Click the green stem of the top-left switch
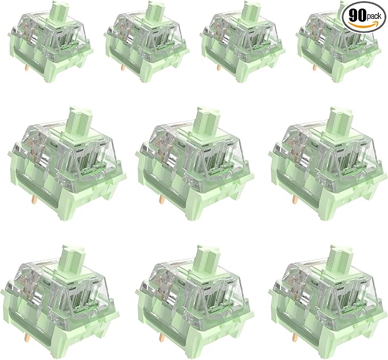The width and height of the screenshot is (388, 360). pos(61,11)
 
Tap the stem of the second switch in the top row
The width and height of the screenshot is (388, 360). pos(156,11)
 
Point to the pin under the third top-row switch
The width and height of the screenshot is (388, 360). pos(218,68)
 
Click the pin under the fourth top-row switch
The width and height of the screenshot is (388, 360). pos(314,68)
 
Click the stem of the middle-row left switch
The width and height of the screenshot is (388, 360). pos(80,121)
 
